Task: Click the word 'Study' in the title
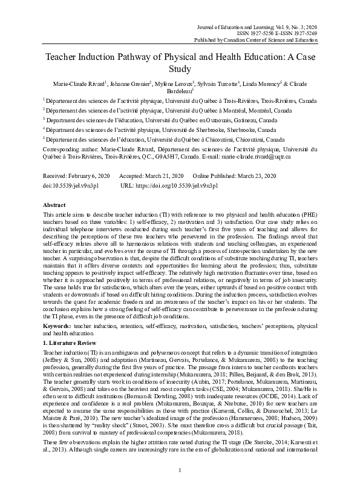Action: tap(180, 69)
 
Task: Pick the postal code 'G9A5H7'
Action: tap(162, 156)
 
